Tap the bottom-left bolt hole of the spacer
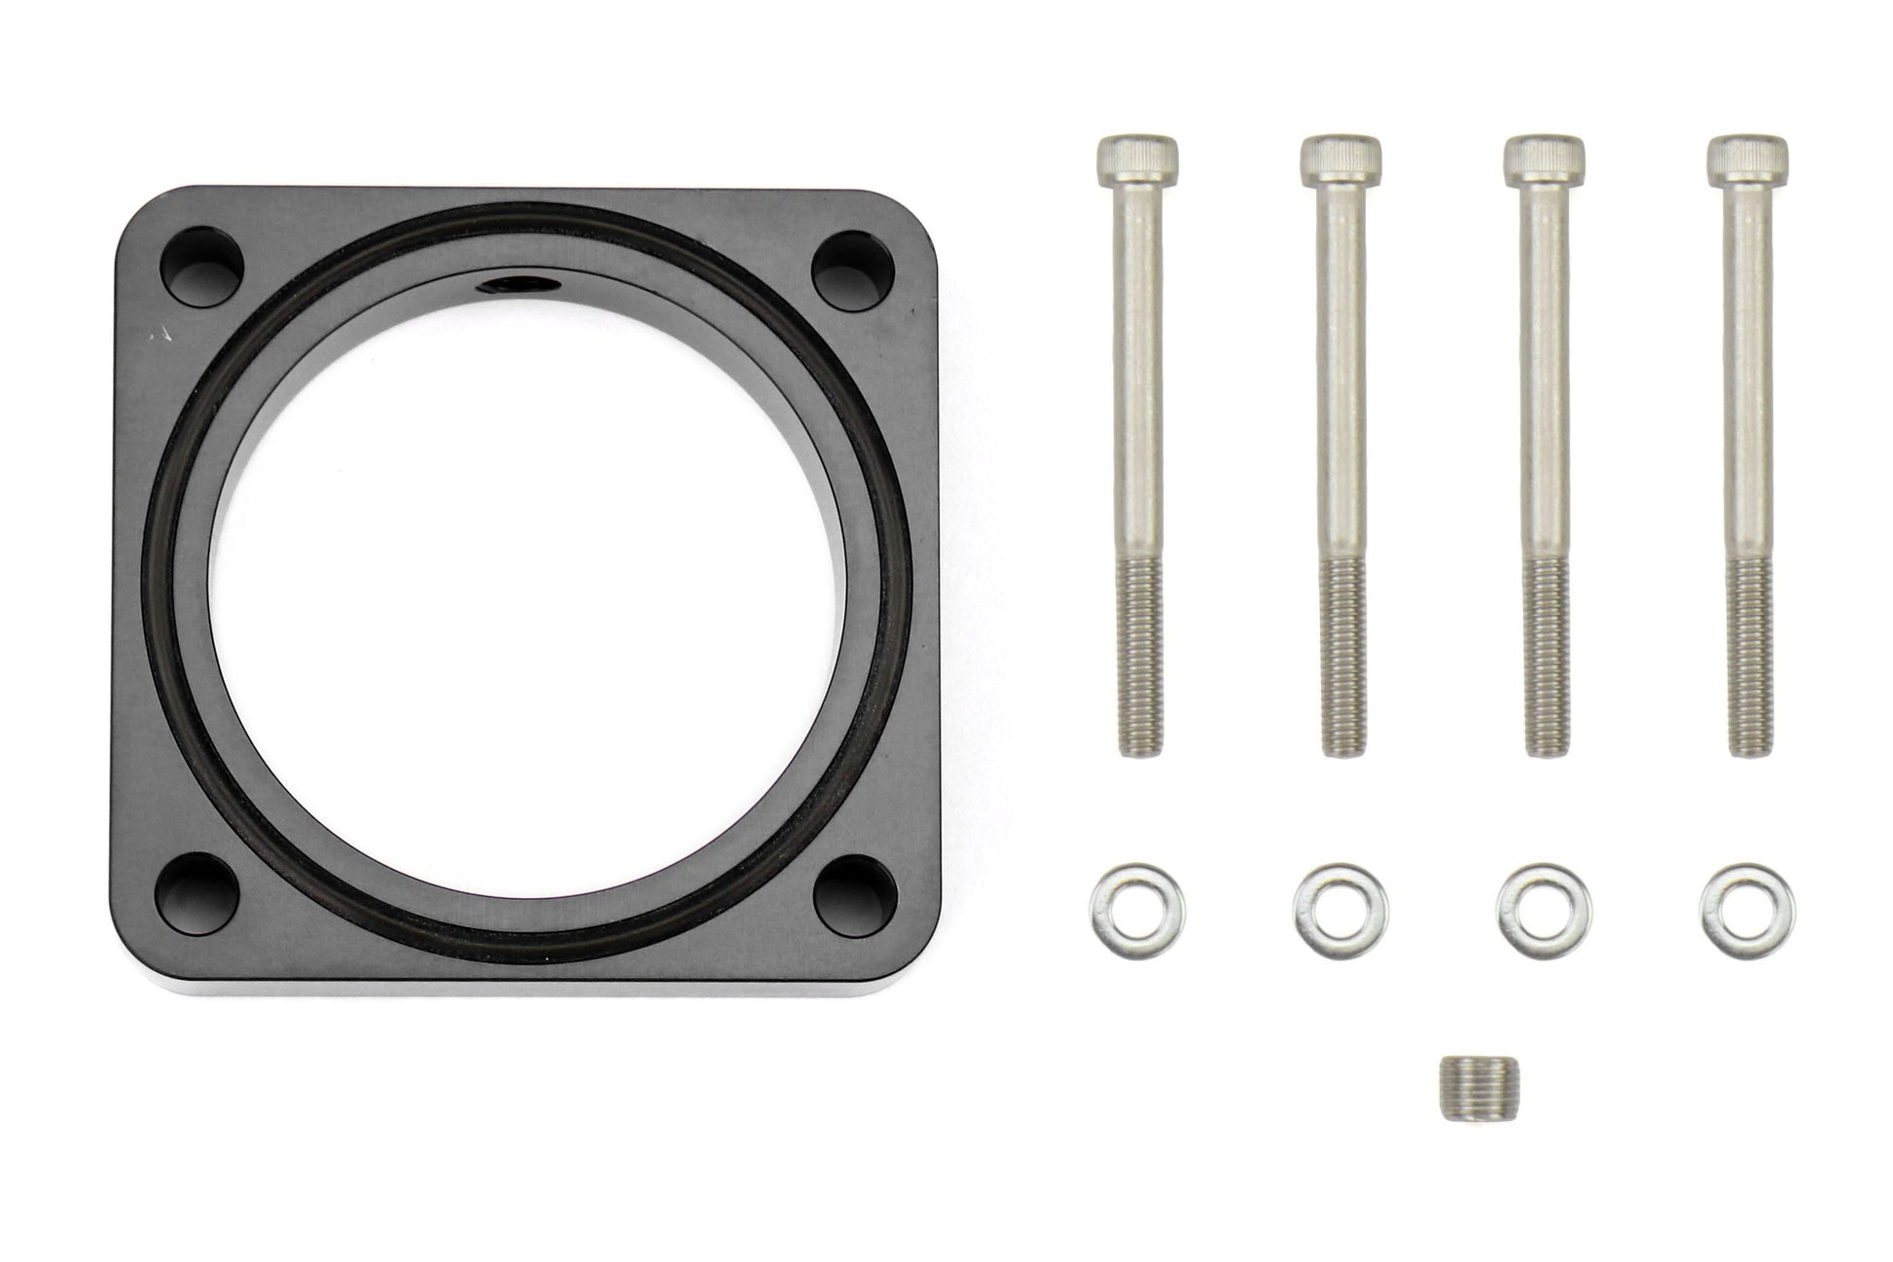pos(200,888)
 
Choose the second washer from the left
pos(1340,909)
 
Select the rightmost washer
pos(1747,909)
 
